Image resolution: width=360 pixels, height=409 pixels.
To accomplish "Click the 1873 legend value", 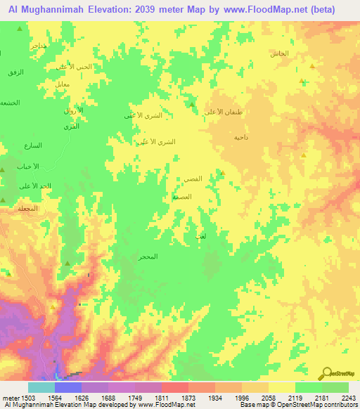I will pos(187,398).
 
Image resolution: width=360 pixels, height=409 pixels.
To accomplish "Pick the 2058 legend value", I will pos(267,398).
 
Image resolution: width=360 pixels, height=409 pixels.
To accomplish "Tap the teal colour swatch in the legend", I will pos(41,387).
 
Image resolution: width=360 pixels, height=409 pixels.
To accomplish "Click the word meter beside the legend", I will pos(9,398).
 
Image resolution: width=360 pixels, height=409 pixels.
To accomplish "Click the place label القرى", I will pos(71,126).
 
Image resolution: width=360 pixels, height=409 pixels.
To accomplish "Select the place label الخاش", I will pos(279,54).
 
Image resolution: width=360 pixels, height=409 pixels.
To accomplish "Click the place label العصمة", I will pos(181,197).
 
